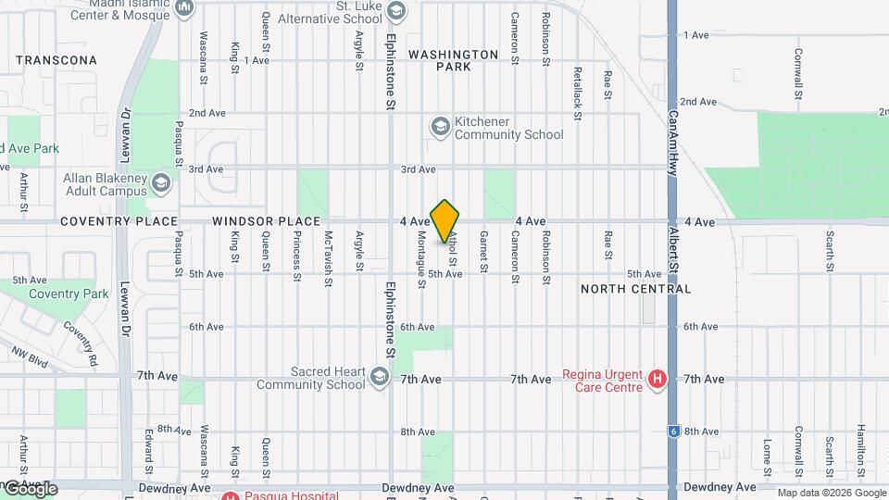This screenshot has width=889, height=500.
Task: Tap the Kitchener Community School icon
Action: pyautogui.click(x=440, y=125)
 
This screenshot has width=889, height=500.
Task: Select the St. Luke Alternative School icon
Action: pyautogui.click(x=397, y=11)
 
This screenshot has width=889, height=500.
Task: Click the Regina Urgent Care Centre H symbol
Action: pyautogui.click(x=657, y=379)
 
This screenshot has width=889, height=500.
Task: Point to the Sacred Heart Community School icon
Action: pyautogui.click(x=379, y=377)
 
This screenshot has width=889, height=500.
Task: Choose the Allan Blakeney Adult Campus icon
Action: pyautogui.click(x=163, y=181)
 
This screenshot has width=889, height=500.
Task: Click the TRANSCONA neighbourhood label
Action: pyautogui.click(x=56, y=60)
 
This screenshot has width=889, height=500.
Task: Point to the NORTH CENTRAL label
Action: pyautogui.click(x=635, y=289)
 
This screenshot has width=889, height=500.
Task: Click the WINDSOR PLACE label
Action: pyautogui.click(x=266, y=222)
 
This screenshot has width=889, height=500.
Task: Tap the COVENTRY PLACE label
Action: pyautogui.click(x=119, y=222)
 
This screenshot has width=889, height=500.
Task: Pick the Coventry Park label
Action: pyautogui.click(x=69, y=294)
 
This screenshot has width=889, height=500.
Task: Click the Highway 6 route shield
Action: pyautogui.click(x=673, y=431)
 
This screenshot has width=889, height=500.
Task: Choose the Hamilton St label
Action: pyautogui.click(x=860, y=444)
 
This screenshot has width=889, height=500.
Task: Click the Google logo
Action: pyautogui.click(x=30, y=488)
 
